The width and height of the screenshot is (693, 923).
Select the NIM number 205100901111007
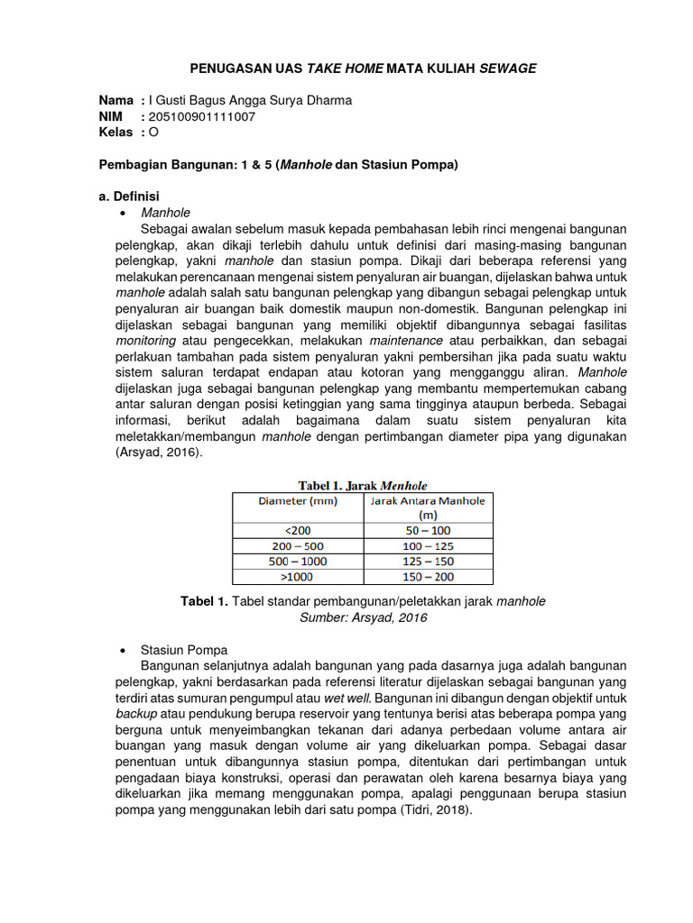[x=202, y=116]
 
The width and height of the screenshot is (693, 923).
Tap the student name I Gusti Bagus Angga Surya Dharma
[x=250, y=100]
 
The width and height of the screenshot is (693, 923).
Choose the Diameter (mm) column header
[x=297, y=501]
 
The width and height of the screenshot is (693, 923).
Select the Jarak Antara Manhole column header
[x=428, y=507]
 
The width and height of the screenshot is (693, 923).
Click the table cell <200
[x=297, y=531]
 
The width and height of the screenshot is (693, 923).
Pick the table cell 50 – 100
[x=428, y=531]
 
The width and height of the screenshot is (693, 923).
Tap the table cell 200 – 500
[x=297, y=546]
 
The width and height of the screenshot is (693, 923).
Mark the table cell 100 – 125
[x=428, y=546]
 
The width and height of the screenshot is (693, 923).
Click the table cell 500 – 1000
[x=297, y=562]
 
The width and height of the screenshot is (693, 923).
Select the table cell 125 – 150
[x=428, y=562]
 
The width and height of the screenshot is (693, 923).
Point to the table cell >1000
[x=297, y=577]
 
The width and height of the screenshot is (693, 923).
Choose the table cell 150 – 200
[x=428, y=577]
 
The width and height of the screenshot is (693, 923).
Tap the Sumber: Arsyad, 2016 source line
[x=363, y=617]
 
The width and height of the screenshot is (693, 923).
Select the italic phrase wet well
[x=347, y=698]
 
